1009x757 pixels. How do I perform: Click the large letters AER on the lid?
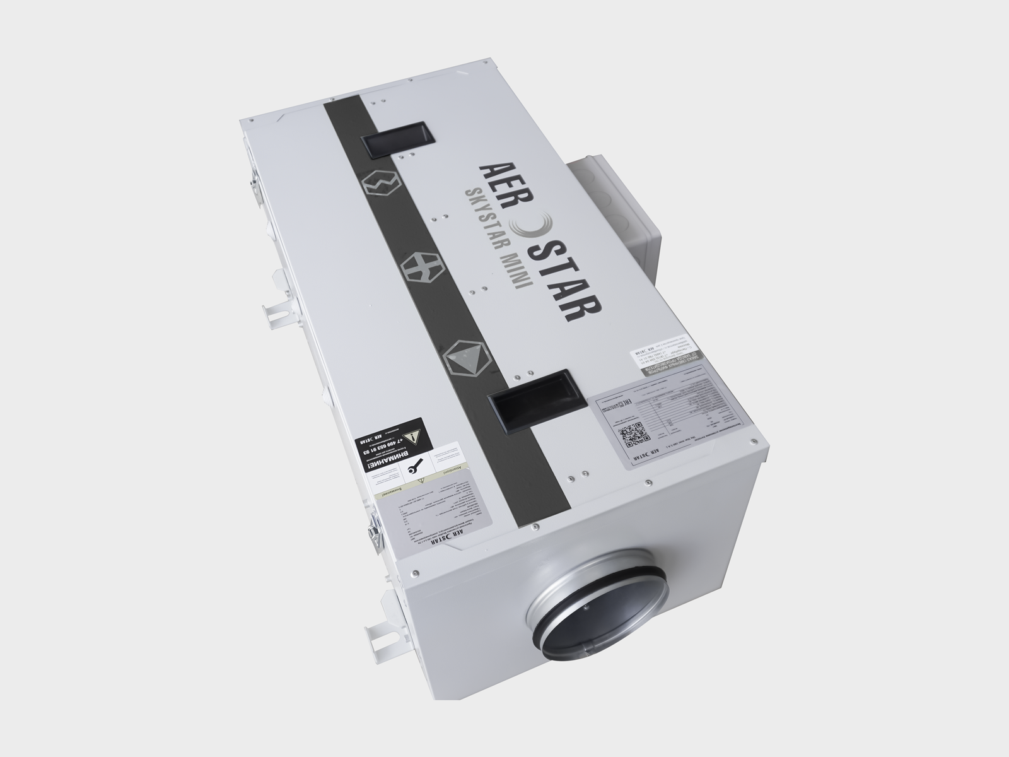[x=497, y=180]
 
